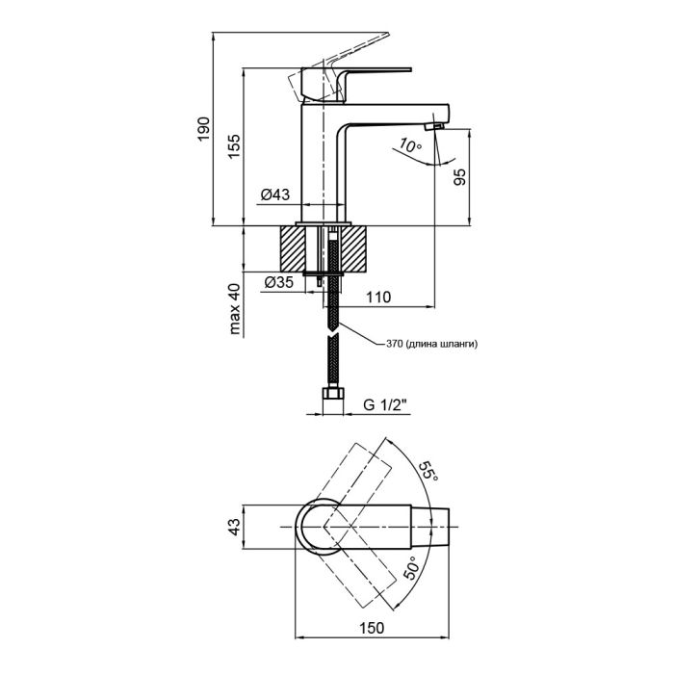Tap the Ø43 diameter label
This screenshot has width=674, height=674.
coord(275,195)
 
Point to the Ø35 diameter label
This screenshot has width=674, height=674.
coord(278,283)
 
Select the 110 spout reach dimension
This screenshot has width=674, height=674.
coord(377,298)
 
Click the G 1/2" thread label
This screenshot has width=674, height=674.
coord(385,405)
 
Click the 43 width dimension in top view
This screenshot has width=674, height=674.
coord(233,529)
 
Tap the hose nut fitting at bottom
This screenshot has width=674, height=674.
coord(333,396)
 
